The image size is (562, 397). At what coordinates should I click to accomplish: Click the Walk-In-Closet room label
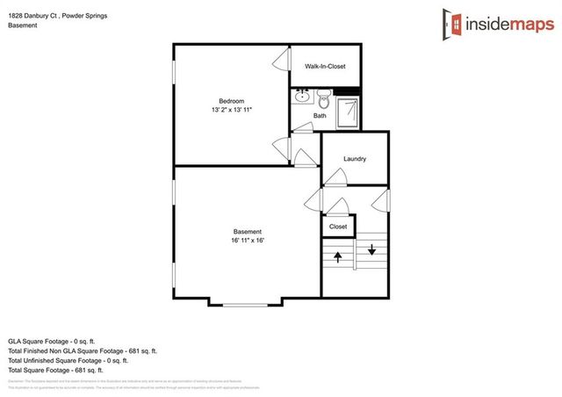click(x=325, y=67)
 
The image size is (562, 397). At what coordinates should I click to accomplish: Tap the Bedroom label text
click(x=231, y=101)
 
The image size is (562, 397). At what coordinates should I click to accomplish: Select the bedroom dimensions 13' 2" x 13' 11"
click(x=232, y=111)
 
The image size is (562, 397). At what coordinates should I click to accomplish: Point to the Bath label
click(x=320, y=115)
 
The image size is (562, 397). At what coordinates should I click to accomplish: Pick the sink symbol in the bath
click(x=303, y=96)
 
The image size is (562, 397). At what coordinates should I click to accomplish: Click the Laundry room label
click(x=355, y=159)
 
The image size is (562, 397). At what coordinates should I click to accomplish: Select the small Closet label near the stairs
click(x=338, y=227)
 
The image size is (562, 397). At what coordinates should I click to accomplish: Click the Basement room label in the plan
click(x=248, y=232)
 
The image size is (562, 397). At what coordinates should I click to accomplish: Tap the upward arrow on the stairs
click(x=337, y=256)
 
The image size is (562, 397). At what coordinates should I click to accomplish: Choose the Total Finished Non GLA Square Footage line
click(x=83, y=350)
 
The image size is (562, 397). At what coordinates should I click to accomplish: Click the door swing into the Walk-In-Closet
click(x=281, y=60)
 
